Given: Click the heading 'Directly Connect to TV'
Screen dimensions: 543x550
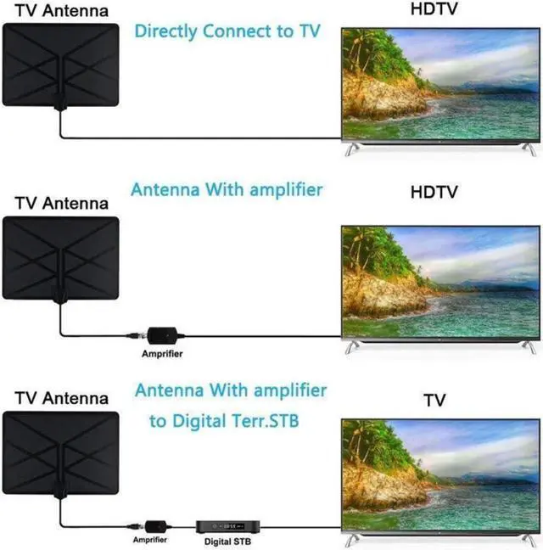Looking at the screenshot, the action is (227, 32).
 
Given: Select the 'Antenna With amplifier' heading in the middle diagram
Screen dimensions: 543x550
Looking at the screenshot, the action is (226, 188).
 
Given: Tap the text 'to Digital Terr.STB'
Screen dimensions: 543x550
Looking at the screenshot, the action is (224, 421).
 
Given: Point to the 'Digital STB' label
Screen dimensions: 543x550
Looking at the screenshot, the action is (227, 541).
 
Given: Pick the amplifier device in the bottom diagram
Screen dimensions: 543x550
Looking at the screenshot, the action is (154, 526).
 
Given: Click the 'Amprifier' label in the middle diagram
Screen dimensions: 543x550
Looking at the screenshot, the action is (161, 353).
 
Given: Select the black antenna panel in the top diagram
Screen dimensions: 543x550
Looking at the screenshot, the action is (60, 64).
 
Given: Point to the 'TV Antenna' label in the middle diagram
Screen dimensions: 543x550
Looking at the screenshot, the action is (62, 204).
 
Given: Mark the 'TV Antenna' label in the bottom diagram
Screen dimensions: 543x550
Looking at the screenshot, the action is (62, 397).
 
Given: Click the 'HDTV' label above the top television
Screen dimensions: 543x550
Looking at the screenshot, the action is (434, 11).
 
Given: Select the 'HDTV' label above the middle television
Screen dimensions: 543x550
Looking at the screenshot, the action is (434, 192).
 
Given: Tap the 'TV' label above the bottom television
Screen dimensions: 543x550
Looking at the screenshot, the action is (434, 399).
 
